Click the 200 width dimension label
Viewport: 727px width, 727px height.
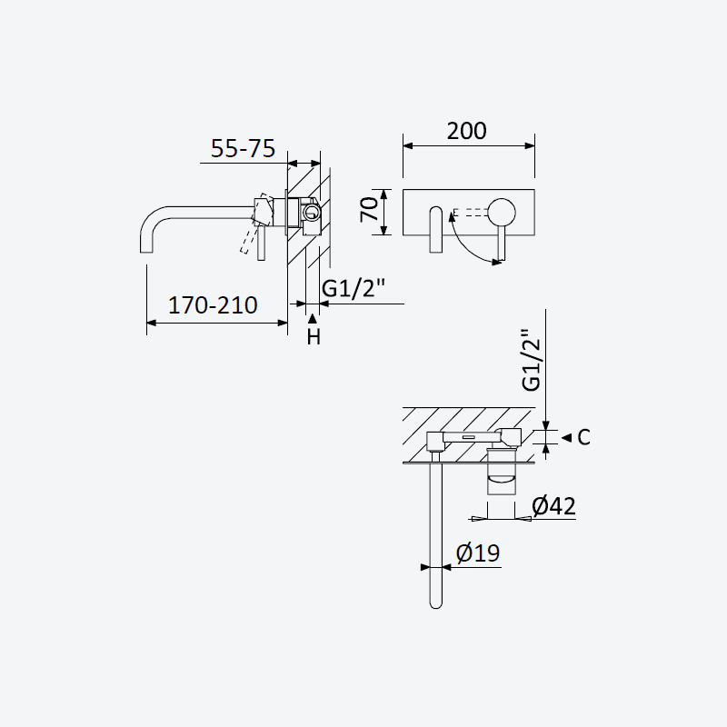pos(466,131)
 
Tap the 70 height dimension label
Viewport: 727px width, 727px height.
pos(370,210)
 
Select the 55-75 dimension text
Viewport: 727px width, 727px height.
pos(243,148)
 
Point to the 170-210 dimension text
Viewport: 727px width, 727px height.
pos(213,305)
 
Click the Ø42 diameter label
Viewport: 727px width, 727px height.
pos(554,506)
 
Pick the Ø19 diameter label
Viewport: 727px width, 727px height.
pos(478,553)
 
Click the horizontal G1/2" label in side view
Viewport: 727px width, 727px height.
pos(354,288)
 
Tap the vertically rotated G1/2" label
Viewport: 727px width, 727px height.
pos(532,360)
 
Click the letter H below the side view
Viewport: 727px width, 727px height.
pos(314,337)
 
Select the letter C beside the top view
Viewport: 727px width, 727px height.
pos(583,437)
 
